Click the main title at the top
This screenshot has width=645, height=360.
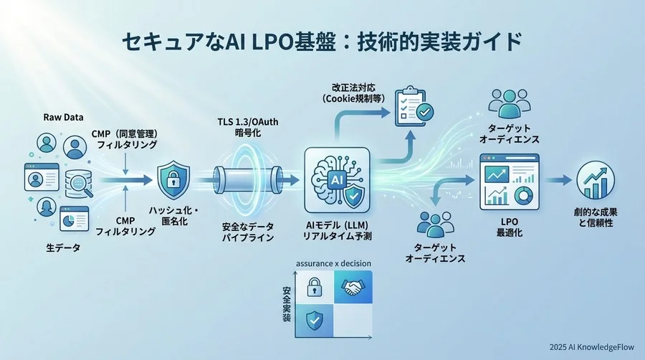[322, 42]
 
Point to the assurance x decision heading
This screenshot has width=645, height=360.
[333, 263]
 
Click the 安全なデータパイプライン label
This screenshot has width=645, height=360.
[247, 232]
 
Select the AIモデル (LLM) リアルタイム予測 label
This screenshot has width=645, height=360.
[336, 232]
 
